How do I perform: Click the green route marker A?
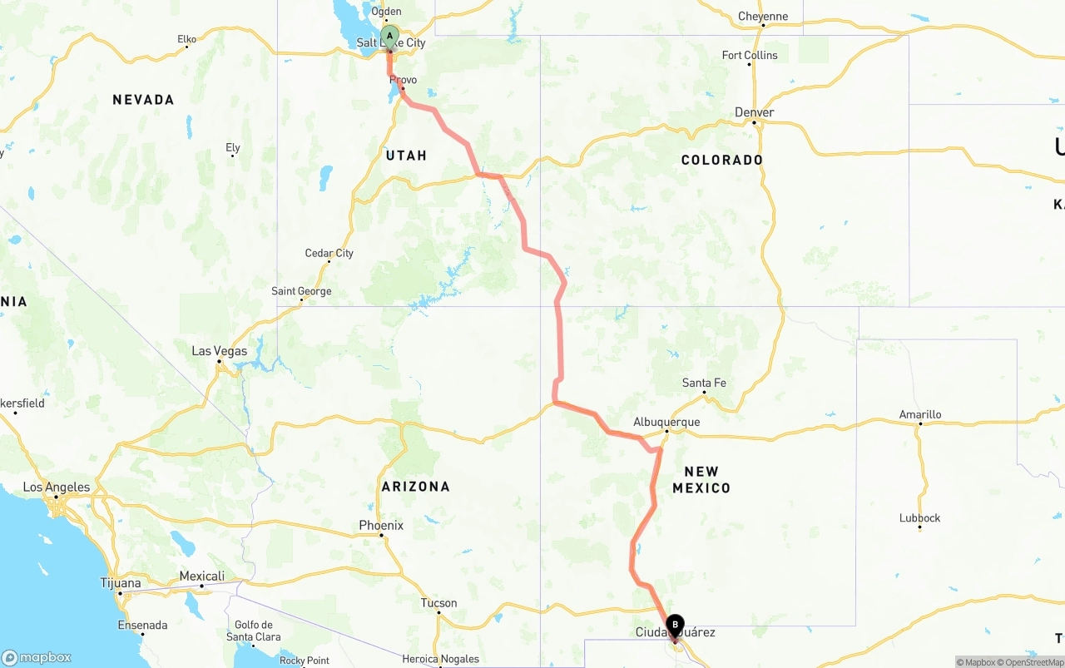point(389,37)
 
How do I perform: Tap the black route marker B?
point(675,624)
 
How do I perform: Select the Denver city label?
point(755,112)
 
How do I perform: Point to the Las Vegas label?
point(219,351)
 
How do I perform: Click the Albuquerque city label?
point(666,422)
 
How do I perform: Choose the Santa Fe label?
point(704,383)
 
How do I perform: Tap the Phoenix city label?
point(381,525)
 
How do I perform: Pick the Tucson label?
point(438,603)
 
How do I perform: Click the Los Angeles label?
point(56,487)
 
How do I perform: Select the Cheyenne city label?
point(763,16)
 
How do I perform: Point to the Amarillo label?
point(920,414)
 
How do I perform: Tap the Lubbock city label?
point(919,517)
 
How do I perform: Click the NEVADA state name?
point(143,100)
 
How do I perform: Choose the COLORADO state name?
point(721,160)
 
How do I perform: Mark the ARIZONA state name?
point(415,487)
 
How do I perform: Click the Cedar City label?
point(329,253)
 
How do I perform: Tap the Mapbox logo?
point(37,657)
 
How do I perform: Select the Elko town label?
point(186,38)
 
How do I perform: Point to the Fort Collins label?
point(750,55)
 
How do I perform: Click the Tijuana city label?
point(121,583)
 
